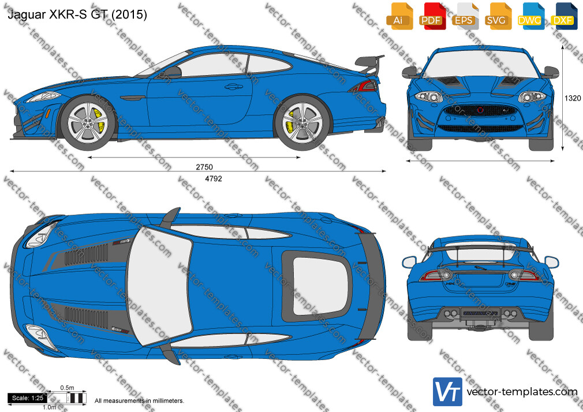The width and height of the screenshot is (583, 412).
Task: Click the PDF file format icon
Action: click(x=431, y=16)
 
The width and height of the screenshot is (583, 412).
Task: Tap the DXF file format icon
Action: click(x=564, y=16)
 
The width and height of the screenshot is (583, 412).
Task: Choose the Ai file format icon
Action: click(x=399, y=16)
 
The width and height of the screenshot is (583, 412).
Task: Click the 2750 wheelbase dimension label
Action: click(x=204, y=167)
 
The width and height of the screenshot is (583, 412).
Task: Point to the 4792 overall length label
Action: click(x=214, y=179)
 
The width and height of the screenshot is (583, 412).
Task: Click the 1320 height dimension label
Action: click(x=573, y=98)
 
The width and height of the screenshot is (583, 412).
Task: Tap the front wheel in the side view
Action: click(x=88, y=122)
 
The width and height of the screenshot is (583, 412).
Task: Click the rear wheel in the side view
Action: click(x=302, y=122)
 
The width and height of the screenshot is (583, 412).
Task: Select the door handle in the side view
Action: click(x=234, y=87)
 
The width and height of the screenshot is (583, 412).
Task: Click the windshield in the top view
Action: click(x=159, y=285)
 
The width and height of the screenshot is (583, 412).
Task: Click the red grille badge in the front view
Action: click(x=480, y=110)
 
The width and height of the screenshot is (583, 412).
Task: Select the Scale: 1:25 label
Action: click(x=28, y=398)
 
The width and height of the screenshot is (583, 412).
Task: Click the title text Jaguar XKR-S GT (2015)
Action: click(x=77, y=14)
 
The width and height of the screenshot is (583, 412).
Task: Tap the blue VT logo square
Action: click(x=448, y=392)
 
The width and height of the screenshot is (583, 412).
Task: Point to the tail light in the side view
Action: click(x=364, y=87)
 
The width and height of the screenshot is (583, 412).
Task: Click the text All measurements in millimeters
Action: click(x=139, y=401)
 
